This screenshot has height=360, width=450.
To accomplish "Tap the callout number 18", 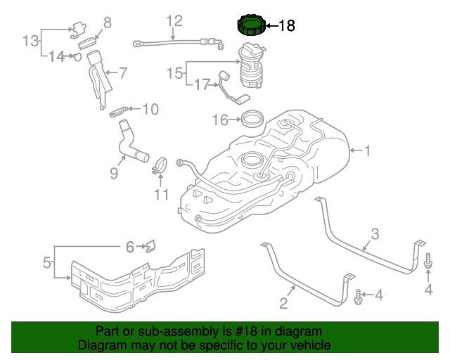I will click(x=287, y=26).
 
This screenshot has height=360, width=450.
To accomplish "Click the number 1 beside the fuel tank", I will click(x=366, y=150).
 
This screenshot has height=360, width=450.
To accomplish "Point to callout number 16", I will click(x=221, y=120).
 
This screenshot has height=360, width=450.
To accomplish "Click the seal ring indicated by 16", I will click(x=252, y=117).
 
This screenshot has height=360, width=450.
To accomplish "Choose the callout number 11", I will click(x=162, y=194).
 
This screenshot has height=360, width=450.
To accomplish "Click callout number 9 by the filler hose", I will click(x=113, y=172).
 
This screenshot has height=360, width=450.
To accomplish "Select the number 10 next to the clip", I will click(x=150, y=109).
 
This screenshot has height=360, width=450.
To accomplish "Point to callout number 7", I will click(x=122, y=72).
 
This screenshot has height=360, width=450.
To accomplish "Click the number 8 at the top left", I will click(x=108, y=22).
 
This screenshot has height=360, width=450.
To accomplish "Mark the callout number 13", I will click(x=30, y=41).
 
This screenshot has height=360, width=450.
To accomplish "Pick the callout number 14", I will click(x=56, y=56).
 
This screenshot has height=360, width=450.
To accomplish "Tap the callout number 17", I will click(x=202, y=85).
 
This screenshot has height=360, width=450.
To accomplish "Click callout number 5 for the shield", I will click(x=47, y=263).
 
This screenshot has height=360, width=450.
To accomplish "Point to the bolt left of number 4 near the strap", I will click(x=359, y=296).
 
